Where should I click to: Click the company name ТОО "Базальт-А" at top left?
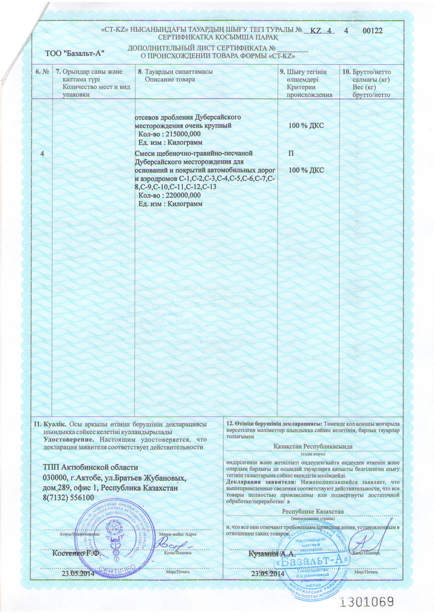tap(75, 53)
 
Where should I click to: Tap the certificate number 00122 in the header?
tap(372, 31)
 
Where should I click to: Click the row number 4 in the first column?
tap(42, 153)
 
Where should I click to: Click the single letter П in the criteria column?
tap(291, 153)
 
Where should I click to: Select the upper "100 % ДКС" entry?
tap(306, 126)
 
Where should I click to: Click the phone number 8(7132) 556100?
tap(68, 498)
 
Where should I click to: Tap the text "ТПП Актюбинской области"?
tap(90, 467)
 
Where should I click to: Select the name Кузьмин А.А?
tap(272, 554)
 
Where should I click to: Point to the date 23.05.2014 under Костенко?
tap(78, 573)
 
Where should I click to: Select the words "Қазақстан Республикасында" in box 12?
tap(313, 446)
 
